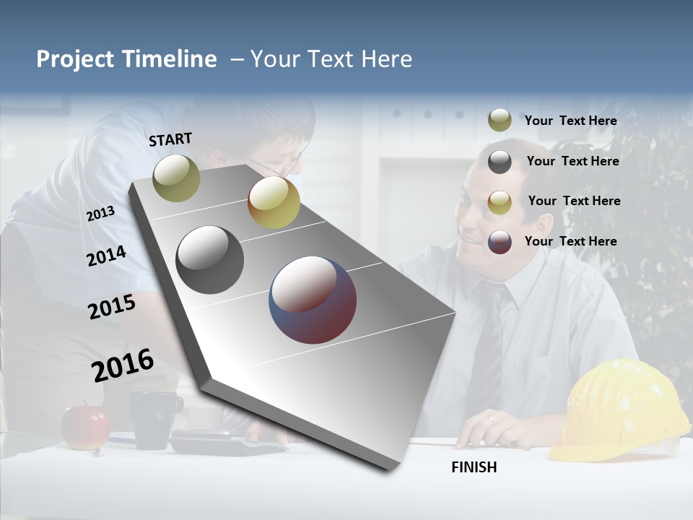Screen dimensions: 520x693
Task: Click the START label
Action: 170,139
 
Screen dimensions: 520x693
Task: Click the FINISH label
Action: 474,467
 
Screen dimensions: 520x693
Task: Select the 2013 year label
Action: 100,213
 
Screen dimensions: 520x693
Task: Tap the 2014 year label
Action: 106,256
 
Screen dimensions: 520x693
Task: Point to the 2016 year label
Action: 123,365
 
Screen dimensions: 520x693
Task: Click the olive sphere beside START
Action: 176,178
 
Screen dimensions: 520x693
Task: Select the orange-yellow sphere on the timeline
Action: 274,202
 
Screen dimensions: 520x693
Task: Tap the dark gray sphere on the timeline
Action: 209,260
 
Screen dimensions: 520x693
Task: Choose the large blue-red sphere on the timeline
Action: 313,300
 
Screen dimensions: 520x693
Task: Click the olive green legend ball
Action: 500,121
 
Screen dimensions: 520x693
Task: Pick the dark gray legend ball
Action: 500,162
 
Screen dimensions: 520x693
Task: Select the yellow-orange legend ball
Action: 500,201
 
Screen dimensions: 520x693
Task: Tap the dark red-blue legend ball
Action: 500,241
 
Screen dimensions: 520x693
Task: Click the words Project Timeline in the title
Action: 126,59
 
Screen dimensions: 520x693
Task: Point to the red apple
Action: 85,427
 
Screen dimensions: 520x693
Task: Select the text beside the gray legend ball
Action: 572,161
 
